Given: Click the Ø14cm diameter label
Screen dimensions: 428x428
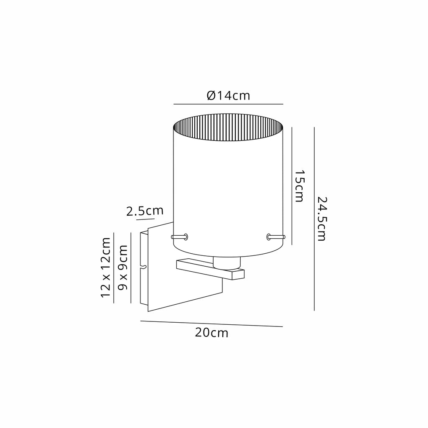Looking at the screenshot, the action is [229, 96].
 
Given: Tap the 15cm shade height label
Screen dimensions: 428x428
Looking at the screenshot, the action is [299, 186].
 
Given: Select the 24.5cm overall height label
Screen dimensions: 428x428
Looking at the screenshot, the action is [321, 219].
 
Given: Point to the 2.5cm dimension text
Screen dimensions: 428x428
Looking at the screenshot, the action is [145, 211].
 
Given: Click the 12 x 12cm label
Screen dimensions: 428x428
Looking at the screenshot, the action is [106, 267].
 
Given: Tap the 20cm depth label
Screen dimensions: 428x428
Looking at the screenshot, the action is [211, 333].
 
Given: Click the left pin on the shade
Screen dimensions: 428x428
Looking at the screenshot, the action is [179, 237].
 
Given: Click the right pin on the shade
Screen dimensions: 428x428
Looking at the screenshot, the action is [276, 237].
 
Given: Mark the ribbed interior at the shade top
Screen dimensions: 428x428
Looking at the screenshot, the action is [228, 128].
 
